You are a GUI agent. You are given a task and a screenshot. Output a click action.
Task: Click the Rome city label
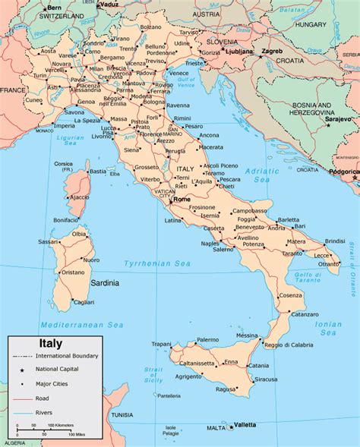(182, 199)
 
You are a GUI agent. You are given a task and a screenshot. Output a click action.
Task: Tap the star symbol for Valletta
(231, 426)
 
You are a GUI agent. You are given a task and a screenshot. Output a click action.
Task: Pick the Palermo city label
(207, 340)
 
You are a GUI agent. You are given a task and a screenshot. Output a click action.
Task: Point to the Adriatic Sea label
(261, 176)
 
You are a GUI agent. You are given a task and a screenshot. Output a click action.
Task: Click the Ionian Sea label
(329, 327)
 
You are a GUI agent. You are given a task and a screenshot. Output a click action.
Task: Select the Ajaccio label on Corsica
(79, 197)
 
